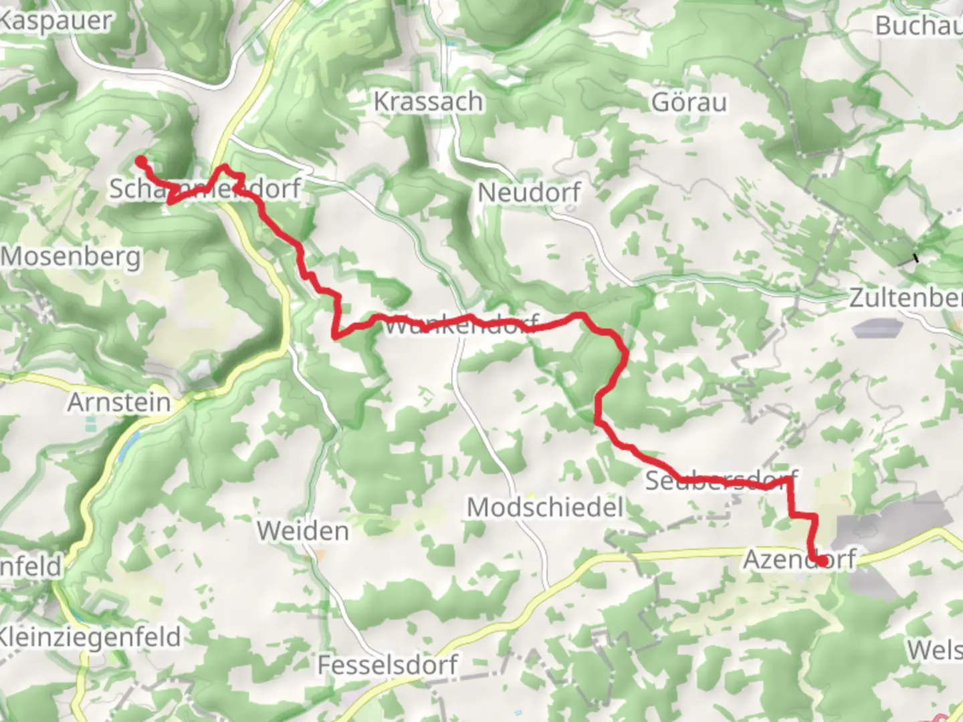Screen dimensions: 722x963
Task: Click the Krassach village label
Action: [428, 102]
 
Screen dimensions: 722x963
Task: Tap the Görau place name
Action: [689, 102]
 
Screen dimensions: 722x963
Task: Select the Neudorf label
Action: [529, 193]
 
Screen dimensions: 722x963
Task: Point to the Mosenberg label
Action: [71, 257]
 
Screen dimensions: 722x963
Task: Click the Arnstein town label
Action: [119, 402]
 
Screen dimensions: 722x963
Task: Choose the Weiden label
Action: [303, 531]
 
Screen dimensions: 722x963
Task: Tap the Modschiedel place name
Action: [545, 507]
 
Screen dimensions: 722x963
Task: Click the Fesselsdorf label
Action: [387, 665]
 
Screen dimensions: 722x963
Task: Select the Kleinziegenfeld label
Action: [90, 636]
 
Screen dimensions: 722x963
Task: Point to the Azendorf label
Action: [799, 559]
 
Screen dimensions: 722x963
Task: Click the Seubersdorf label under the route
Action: [721, 480]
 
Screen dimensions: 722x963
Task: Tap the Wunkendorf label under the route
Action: [461, 326]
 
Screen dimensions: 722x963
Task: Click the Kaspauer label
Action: [55, 21]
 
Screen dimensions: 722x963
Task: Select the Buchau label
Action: [919, 26]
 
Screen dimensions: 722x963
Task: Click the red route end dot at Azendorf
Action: [820, 562]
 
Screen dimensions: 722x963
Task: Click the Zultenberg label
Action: [905, 298]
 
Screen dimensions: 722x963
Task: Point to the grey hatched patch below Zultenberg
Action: [877, 328]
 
